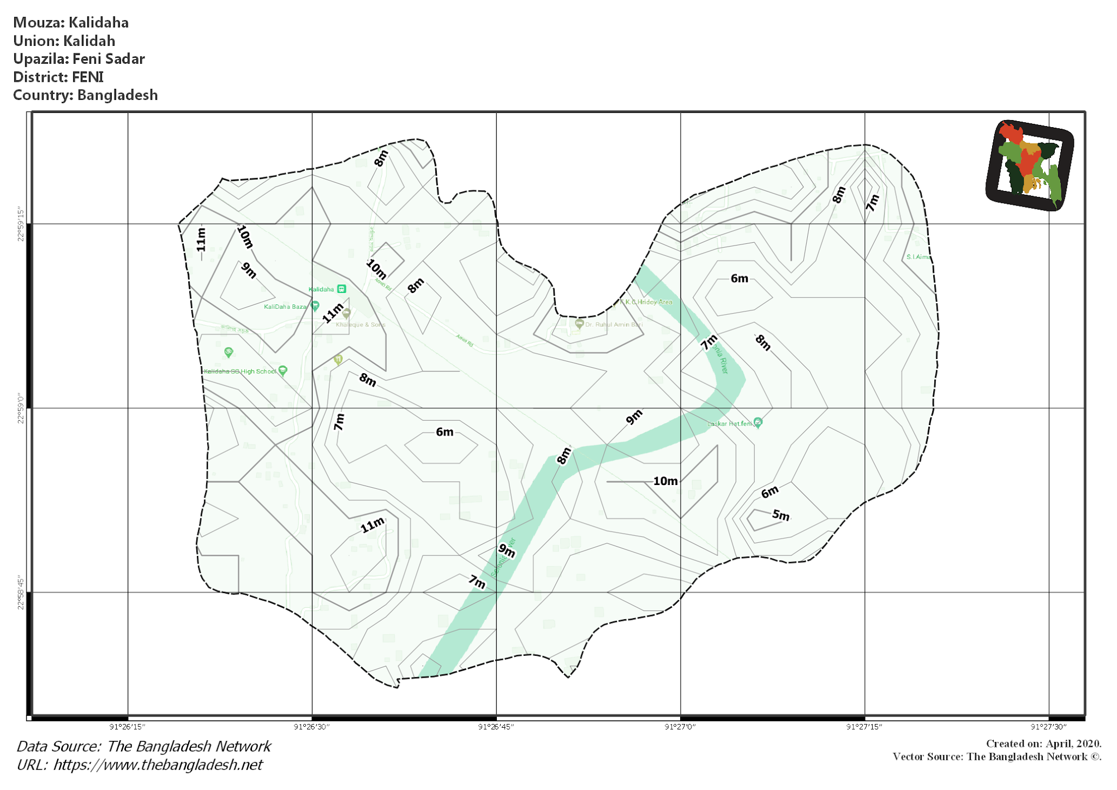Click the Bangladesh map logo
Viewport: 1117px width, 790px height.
pyautogui.click(x=1030, y=165)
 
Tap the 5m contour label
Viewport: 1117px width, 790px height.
pyautogui.click(x=780, y=515)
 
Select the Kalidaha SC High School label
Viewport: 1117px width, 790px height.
pyautogui.click(x=240, y=372)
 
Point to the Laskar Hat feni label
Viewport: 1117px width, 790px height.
pyautogui.click(x=729, y=423)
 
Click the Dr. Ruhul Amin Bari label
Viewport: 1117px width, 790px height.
pyautogui.click(x=614, y=325)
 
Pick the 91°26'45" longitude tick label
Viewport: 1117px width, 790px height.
pyautogui.click(x=496, y=727)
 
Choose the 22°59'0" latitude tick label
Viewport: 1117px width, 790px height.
pyautogui.click(x=21, y=408)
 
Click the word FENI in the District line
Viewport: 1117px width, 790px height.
pyautogui.click(x=88, y=77)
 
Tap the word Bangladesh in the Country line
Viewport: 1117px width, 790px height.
pyautogui.click(x=117, y=95)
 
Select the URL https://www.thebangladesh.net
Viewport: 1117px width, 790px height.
pyautogui.click(x=158, y=765)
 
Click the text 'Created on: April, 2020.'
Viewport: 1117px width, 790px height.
pyautogui.click(x=1043, y=744)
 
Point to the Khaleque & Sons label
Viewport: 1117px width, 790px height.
pyautogui.click(x=361, y=325)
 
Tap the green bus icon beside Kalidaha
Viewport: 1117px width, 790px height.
pyautogui.click(x=341, y=289)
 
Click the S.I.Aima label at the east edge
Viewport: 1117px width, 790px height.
pyautogui.click(x=918, y=257)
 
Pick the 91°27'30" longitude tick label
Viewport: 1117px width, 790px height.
pyautogui.click(x=1048, y=727)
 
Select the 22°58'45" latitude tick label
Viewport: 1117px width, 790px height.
pyautogui.click(x=21, y=592)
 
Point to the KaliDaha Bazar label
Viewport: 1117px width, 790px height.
pyautogui.click(x=285, y=307)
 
